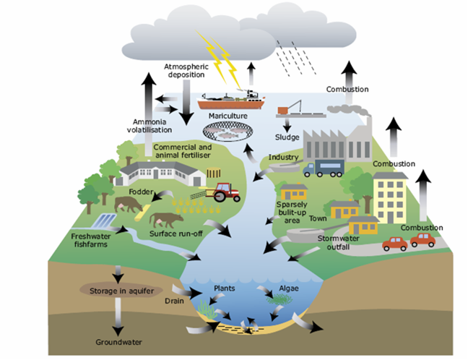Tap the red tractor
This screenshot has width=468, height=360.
coord(225,192)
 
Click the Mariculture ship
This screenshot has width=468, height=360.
coord(230,98)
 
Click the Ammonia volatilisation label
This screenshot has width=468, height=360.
coord(152,126)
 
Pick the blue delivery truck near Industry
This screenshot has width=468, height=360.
coord(324,168)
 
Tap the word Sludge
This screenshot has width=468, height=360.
coord(287,137)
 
